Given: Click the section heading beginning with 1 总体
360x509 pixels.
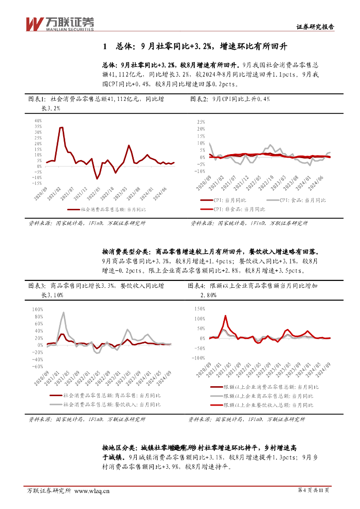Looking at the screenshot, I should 195,47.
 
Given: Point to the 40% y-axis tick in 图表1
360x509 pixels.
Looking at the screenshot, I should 38,121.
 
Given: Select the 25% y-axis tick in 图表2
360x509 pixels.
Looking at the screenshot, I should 201,122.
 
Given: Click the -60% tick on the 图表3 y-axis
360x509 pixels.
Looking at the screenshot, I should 38,366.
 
